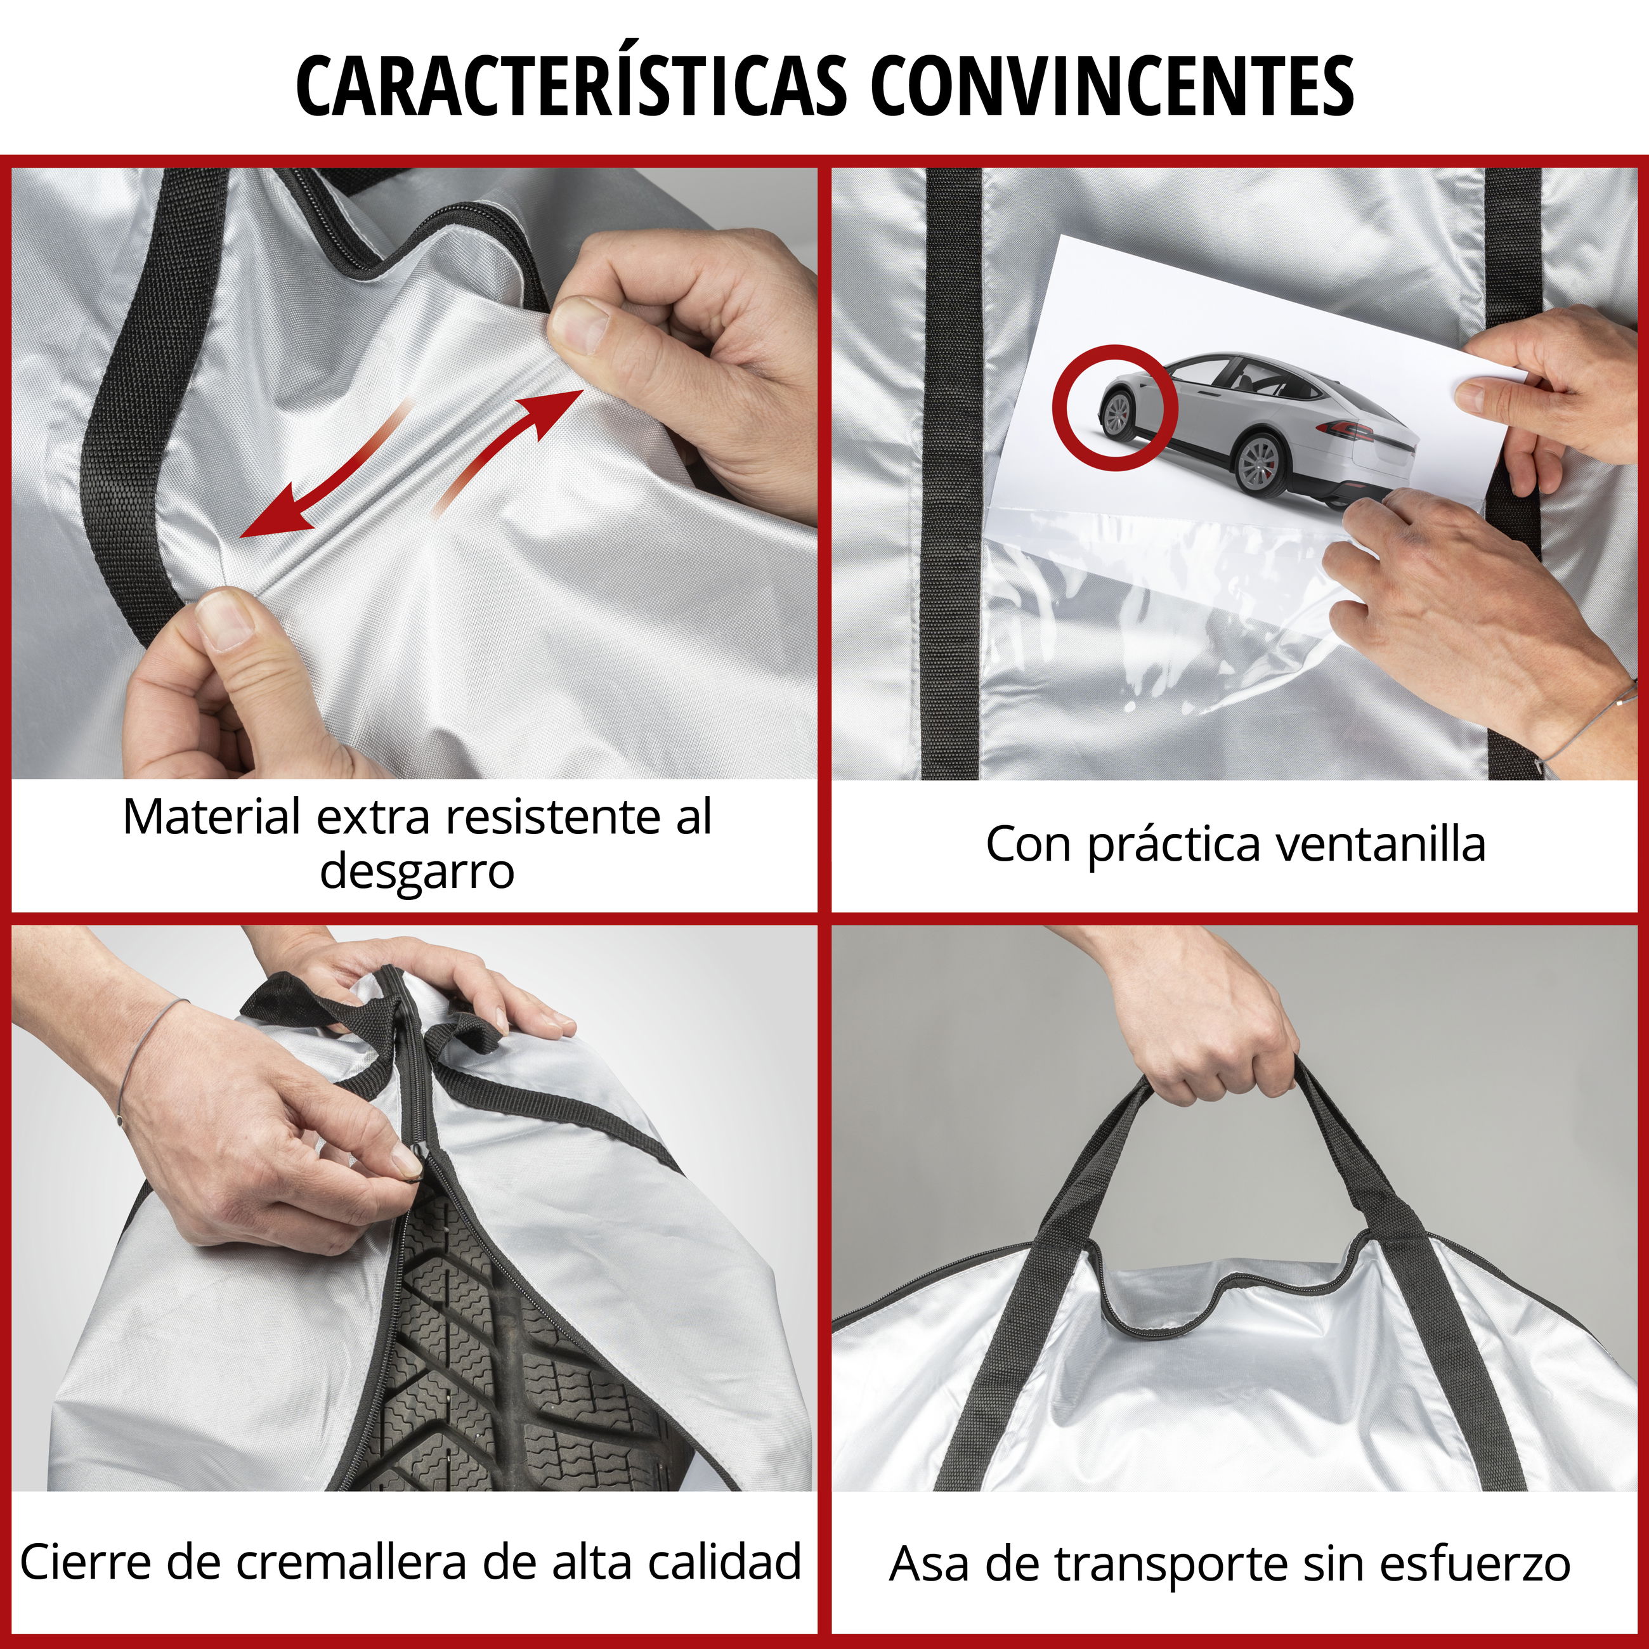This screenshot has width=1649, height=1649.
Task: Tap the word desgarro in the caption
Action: click(417, 871)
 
